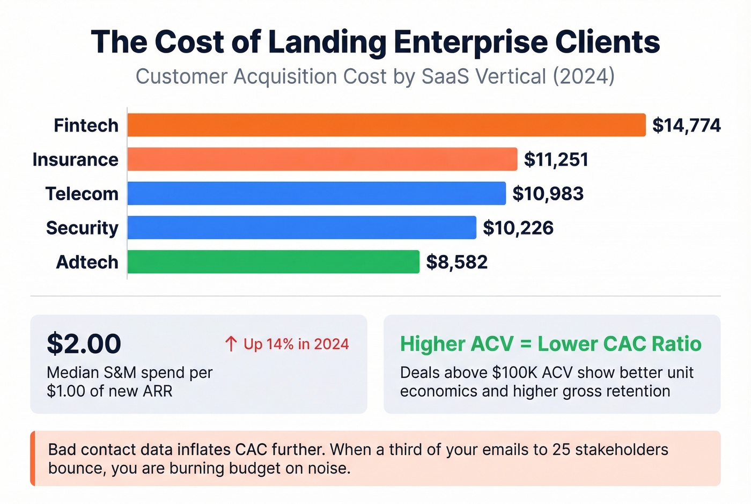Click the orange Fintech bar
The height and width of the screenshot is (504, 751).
click(386, 125)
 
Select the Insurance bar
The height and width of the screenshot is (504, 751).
click(322, 159)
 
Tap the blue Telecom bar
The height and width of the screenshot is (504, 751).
click(316, 193)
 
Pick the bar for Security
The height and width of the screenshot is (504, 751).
click(301, 228)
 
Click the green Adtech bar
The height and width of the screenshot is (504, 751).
click(273, 262)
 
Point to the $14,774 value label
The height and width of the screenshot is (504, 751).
click(686, 126)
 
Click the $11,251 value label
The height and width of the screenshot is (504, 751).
click(556, 160)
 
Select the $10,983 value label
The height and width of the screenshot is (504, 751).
click(548, 194)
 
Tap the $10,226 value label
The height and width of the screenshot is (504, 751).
click(518, 228)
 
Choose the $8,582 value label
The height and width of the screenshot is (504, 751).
click(457, 262)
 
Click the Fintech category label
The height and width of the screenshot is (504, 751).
click(86, 126)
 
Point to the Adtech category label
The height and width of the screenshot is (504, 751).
click(87, 262)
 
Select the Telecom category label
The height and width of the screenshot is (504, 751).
click(82, 194)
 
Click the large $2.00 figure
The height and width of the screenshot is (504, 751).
click(84, 344)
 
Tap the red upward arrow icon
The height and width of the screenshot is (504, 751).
click(231, 344)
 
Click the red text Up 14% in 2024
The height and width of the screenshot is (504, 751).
click(296, 344)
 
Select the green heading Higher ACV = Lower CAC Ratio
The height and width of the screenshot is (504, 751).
click(550, 344)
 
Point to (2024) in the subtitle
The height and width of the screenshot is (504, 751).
click(584, 76)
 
